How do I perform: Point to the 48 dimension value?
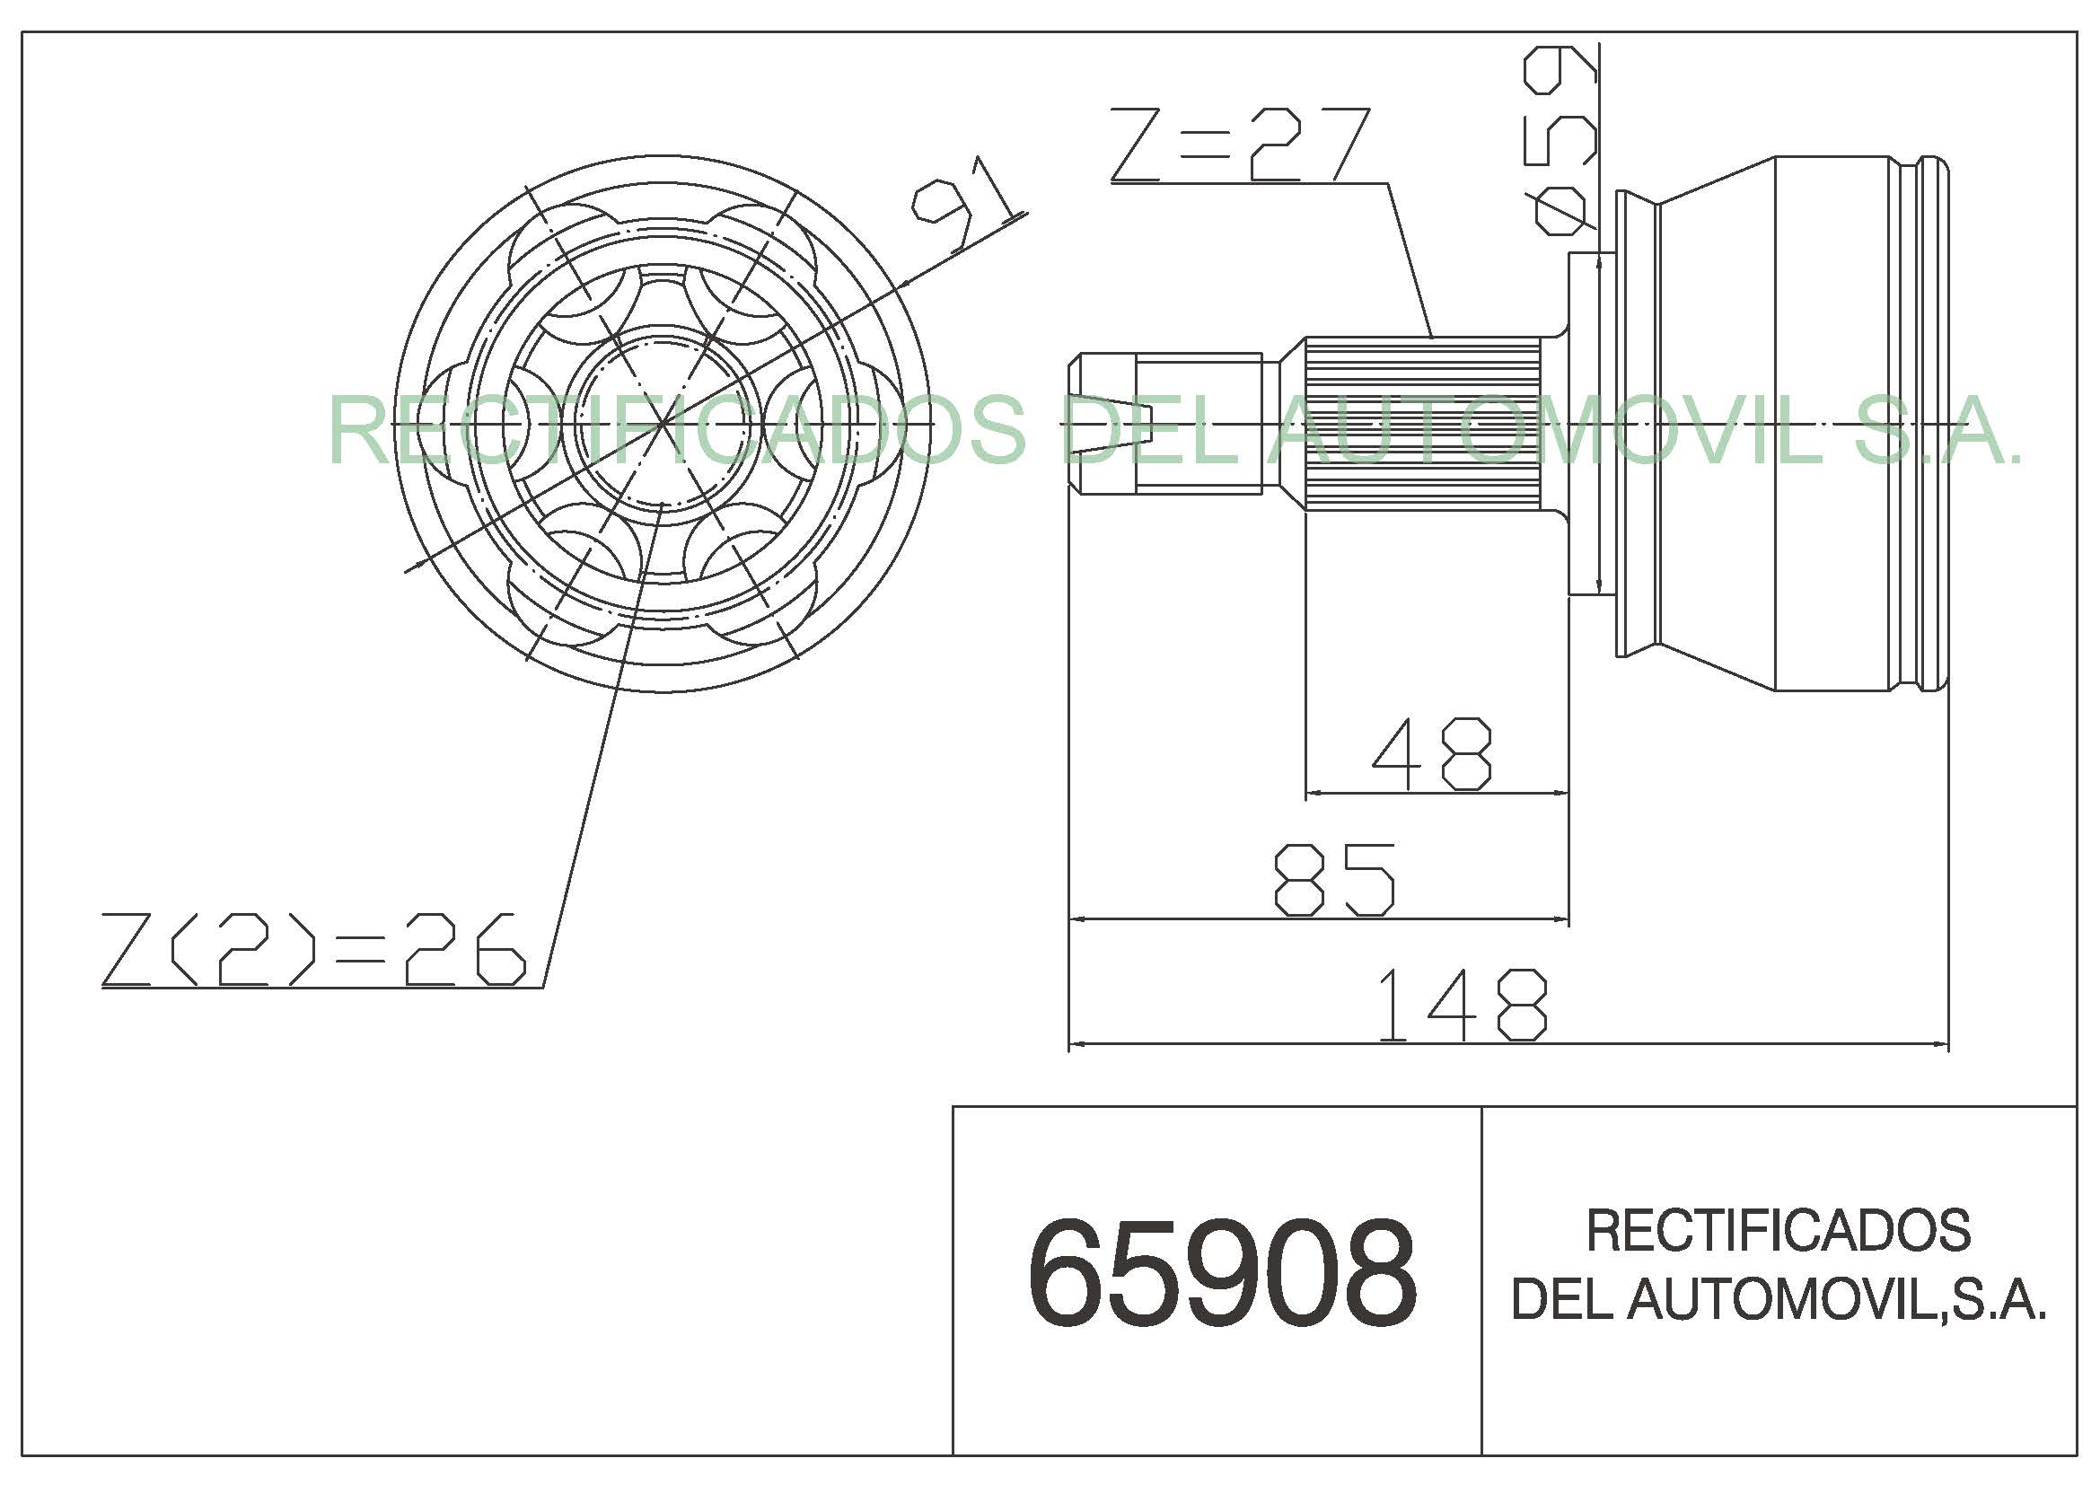tap(1431, 753)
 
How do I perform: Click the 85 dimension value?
tap(1335, 880)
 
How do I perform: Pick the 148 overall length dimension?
tap(1462, 1006)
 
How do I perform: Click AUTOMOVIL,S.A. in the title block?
tap(1837, 1298)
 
